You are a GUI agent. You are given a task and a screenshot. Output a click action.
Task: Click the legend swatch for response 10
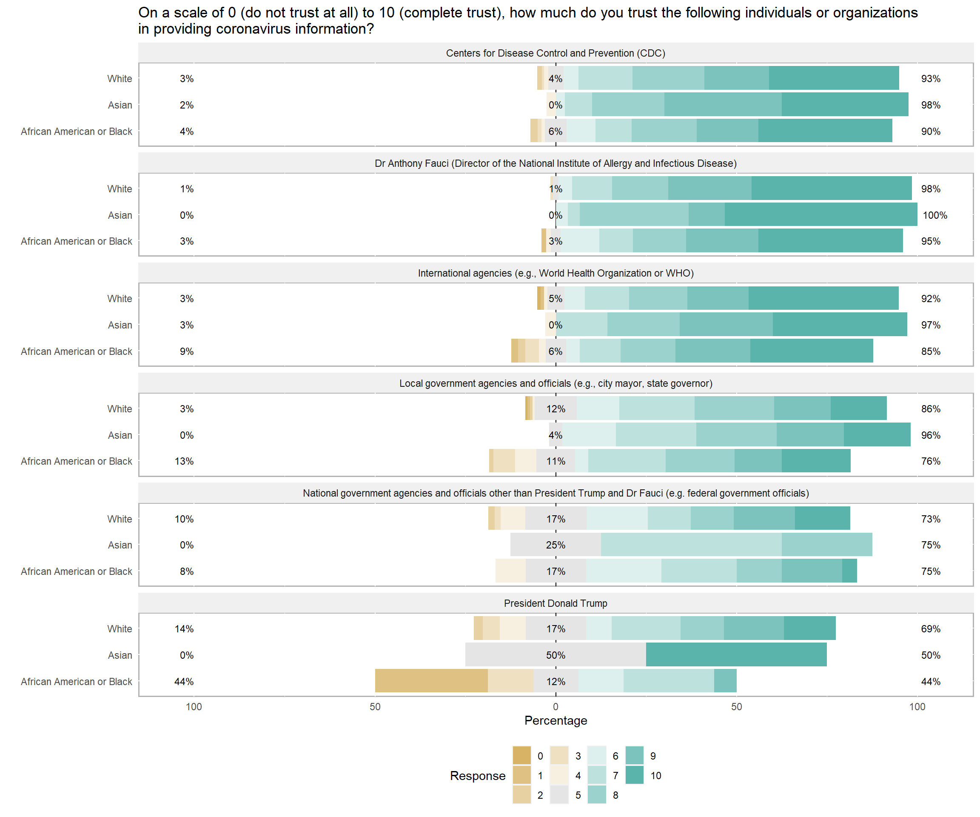634,775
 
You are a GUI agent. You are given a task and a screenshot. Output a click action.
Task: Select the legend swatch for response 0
522,756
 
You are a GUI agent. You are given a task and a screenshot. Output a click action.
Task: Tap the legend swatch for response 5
559,795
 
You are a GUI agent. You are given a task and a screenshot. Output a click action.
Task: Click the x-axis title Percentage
556,720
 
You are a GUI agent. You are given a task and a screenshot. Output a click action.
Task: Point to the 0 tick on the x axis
556,707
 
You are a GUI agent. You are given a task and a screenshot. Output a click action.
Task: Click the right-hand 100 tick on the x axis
917,707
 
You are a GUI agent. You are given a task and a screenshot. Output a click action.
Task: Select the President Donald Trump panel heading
556,603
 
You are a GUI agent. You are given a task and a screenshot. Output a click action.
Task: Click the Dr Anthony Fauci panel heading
556,163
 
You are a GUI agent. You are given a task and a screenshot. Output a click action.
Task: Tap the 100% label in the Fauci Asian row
935,215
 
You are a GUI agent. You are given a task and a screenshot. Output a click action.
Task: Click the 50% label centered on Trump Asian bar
556,655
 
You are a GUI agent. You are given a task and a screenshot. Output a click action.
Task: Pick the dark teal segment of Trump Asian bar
736,655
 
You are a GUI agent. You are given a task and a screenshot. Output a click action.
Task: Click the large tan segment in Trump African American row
431,681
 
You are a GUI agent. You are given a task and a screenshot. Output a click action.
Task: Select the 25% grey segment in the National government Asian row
556,545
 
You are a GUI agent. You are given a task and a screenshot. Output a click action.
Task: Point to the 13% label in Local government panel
184,461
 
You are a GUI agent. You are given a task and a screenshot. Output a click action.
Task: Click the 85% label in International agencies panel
931,351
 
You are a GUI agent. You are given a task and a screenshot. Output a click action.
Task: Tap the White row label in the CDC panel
120,78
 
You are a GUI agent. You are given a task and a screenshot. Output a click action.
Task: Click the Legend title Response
477,775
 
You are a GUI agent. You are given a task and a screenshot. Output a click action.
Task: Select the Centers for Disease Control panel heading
556,53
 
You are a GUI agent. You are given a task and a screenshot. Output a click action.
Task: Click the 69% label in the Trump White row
931,629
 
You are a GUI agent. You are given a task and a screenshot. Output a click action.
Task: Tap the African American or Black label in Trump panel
77,682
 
